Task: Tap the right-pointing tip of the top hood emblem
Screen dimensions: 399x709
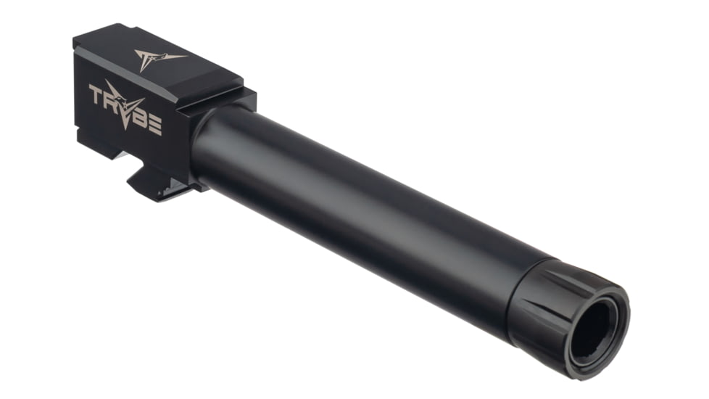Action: pos(186,54)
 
